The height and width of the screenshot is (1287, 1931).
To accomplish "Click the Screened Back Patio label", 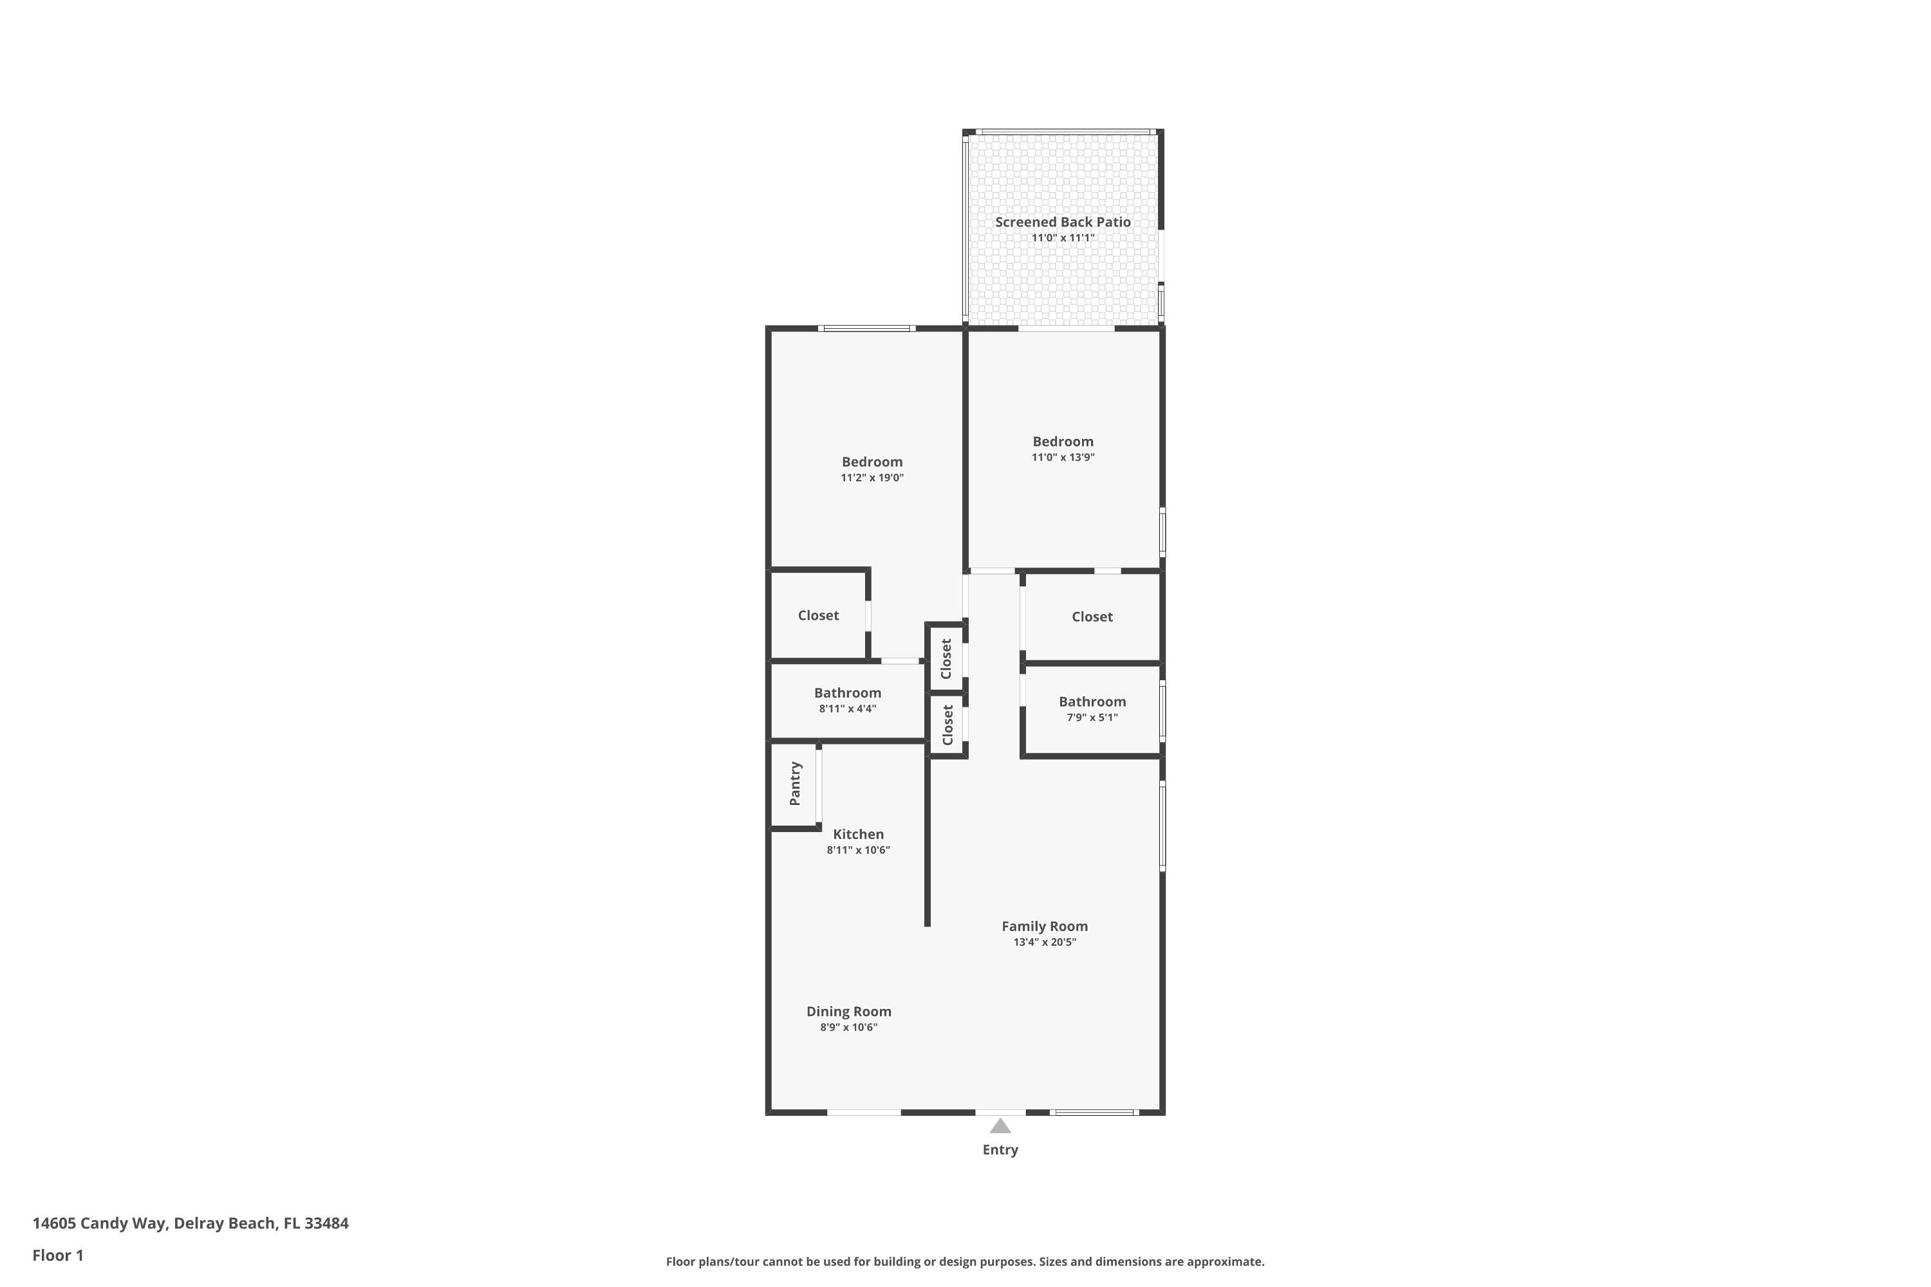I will [1063, 221].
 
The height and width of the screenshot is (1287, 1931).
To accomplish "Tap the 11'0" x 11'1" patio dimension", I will [1063, 238].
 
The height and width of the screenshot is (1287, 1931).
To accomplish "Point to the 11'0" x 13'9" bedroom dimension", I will [1063, 457].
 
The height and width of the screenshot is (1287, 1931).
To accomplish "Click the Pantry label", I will [795, 783].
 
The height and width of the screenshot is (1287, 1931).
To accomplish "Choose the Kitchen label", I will [858, 834].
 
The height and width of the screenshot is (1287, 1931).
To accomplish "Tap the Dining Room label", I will [848, 1011].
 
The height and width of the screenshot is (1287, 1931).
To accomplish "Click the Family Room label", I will [1044, 926].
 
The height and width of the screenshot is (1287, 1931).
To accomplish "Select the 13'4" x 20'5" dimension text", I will [1044, 942].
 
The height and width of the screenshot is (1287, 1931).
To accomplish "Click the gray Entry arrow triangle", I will [1000, 1126].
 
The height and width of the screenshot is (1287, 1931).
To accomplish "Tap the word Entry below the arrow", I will [1000, 1150].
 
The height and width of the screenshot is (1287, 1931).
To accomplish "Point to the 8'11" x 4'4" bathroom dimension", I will [847, 708].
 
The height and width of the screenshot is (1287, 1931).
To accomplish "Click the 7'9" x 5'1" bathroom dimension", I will [1092, 718].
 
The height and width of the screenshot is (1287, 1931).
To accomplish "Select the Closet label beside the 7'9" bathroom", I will [1092, 616].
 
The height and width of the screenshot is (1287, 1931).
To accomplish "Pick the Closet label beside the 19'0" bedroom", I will [817, 615].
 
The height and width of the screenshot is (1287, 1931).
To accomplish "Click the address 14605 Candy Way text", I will [191, 1223].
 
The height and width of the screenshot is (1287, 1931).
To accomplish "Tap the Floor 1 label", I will [57, 1255].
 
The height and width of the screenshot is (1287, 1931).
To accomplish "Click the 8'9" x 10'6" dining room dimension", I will [848, 1028].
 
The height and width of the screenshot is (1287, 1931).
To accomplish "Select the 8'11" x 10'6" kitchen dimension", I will [858, 850].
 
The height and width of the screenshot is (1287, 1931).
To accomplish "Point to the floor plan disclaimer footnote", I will [965, 1261].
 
